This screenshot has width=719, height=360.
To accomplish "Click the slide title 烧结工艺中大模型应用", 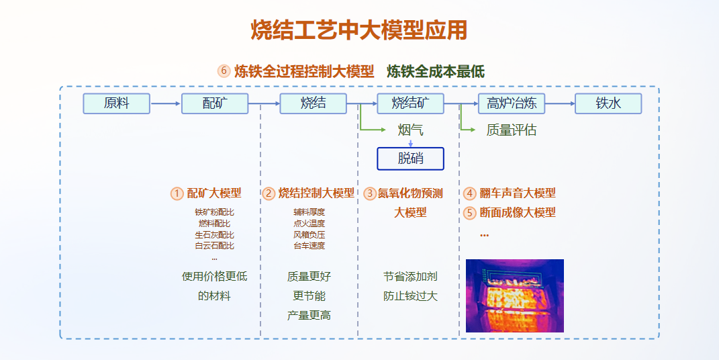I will pos(359,30).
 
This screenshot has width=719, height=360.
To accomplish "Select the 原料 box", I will pos(116,103).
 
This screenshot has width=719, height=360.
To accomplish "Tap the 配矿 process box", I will pos(215,103).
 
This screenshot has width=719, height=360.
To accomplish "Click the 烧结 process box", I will pos(314,103).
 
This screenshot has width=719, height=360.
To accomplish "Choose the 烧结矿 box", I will pos(410,103).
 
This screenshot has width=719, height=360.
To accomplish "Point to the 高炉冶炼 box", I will pos(511,103).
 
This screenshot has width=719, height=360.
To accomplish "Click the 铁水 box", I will pos(608,103).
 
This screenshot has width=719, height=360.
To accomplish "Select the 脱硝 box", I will pos(410,159).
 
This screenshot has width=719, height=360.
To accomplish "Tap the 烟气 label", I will pos(410,130).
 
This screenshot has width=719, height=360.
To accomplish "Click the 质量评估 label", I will pos(512,130).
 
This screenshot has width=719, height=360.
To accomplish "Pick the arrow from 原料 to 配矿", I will pos(166,103).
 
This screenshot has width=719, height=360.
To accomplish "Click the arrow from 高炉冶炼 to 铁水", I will pos(560,103).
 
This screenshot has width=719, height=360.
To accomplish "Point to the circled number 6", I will pos(224,71).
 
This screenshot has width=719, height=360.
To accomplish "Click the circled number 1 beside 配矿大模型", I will pos(177,193).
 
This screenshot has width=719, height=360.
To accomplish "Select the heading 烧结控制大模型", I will pos(316,193).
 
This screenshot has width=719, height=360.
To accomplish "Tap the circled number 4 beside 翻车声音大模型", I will pos(469,193).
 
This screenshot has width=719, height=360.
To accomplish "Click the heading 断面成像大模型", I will pos(518,213).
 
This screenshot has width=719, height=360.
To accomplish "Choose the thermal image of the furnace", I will pos(515,296).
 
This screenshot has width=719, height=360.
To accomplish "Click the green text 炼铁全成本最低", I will pos(436,71).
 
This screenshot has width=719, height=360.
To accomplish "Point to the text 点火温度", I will pos(309,224).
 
